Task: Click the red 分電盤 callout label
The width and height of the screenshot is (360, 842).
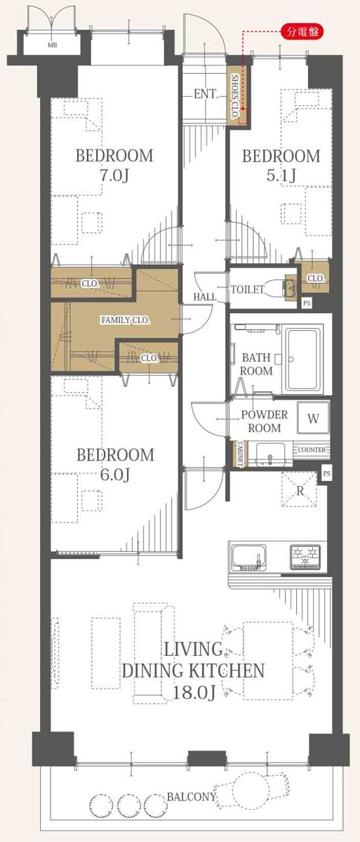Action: pos(303,32)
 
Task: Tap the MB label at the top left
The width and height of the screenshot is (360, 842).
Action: pos(52,45)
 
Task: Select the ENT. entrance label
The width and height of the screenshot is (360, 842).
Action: pos(206,94)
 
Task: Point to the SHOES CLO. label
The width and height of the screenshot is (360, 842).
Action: pos(235,97)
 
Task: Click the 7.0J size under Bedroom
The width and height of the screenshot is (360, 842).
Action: pos(115,176)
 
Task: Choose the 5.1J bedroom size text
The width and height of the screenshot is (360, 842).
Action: pos(281,175)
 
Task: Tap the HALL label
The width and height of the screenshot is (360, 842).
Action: pos(205,297)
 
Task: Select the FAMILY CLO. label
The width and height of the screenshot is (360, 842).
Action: pos(126,320)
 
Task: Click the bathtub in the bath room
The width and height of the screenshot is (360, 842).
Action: pos(304,360)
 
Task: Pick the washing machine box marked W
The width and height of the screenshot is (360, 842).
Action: pos(313,418)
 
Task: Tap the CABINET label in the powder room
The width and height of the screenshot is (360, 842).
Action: pos(240,455)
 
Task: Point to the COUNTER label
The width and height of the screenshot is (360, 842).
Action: pos(312,449)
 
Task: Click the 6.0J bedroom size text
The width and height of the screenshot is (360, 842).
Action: pos(115,475)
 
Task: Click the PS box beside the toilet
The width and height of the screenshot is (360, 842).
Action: pos(307,303)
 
